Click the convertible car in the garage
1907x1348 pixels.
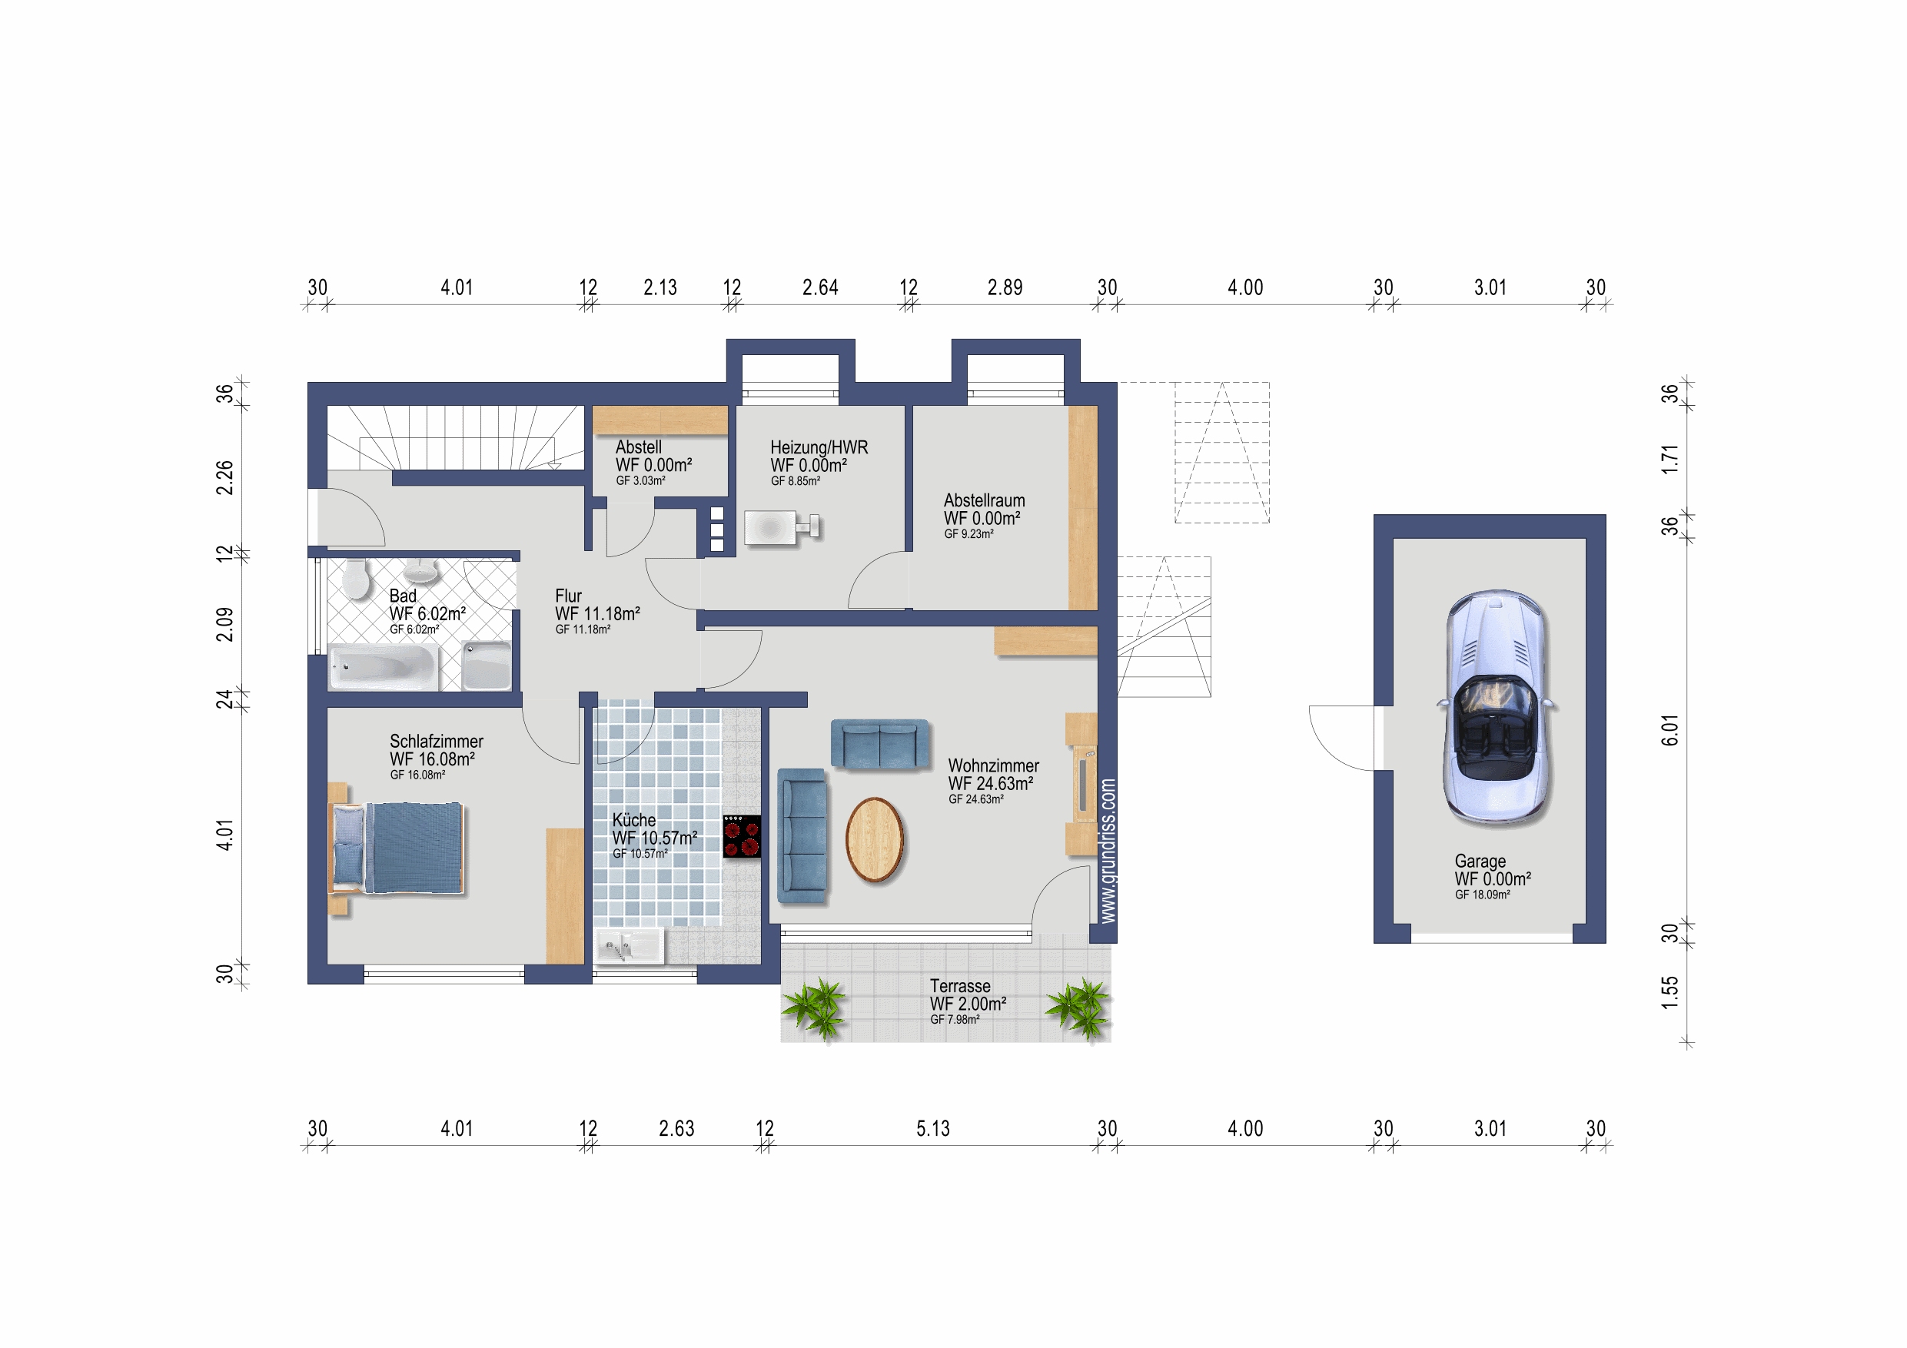click(x=1496, y=708)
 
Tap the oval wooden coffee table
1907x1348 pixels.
click(x=874, y=839)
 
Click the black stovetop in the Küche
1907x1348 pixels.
click(x=742, y=836)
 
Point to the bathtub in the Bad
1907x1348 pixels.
click(x=384, y=667)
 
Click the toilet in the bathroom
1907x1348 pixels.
click(x=357, y=578)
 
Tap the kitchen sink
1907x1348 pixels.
click(x=629, y=946)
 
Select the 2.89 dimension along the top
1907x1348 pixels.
click(x=1005, y=287)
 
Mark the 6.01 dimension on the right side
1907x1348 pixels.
click(x=1669, y=730)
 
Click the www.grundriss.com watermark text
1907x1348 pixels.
click(x=1108, y=851)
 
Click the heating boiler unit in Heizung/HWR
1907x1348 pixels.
click(x=782, y=527)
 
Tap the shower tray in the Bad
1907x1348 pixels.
click(x=487, y=666)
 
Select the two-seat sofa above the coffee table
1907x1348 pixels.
click(x=879, y=743)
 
